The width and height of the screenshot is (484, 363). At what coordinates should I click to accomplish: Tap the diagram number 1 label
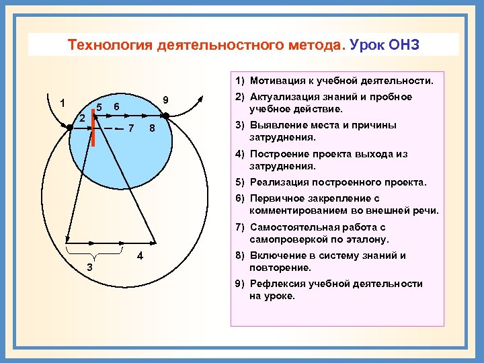point(62,104)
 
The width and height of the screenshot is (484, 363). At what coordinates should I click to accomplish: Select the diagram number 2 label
point(81,118)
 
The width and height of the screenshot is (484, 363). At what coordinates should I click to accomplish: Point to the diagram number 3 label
point(90,268)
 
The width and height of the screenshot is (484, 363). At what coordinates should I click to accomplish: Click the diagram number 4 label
point(139,256)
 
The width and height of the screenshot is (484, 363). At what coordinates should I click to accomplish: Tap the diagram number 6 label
point(116,107)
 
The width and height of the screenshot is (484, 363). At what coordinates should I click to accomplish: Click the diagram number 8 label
point(152,128)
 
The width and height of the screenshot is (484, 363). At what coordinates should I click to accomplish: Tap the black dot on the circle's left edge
point(69,126)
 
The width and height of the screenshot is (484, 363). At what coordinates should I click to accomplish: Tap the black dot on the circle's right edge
point(166,116)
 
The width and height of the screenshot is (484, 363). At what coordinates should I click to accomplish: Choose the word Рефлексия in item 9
point(275,284)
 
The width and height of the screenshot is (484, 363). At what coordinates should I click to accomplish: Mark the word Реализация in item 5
point(279,182)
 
